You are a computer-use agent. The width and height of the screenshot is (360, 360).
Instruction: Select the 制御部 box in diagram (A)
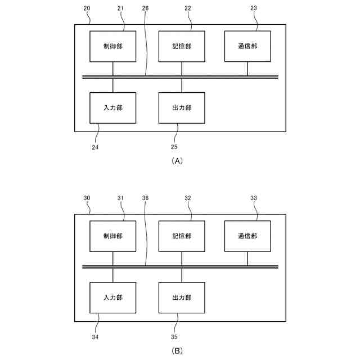(x=113, y=46)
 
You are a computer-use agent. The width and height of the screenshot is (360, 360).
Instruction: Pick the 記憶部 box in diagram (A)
(x=181, y=46)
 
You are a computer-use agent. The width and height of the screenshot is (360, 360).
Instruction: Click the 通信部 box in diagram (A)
(x=247, y=46)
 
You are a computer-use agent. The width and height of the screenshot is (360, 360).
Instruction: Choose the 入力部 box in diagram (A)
(x=113, y=107)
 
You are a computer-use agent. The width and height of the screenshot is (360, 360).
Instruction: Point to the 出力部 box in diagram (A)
(x=181, y=107)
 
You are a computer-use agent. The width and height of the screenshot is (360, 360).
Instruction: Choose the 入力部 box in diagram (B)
(x=113, y=298)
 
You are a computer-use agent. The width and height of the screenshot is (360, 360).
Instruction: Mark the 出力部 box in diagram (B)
(x=181, y=298)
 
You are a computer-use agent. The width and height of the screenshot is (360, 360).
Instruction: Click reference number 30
(x=87, y=198)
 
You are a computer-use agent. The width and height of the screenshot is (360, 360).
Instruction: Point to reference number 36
(x=146, y=198)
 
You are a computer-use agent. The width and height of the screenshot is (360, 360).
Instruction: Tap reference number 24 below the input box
(x=95, y=147)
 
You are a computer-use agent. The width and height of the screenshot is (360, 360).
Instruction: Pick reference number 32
(x=188, y=198)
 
